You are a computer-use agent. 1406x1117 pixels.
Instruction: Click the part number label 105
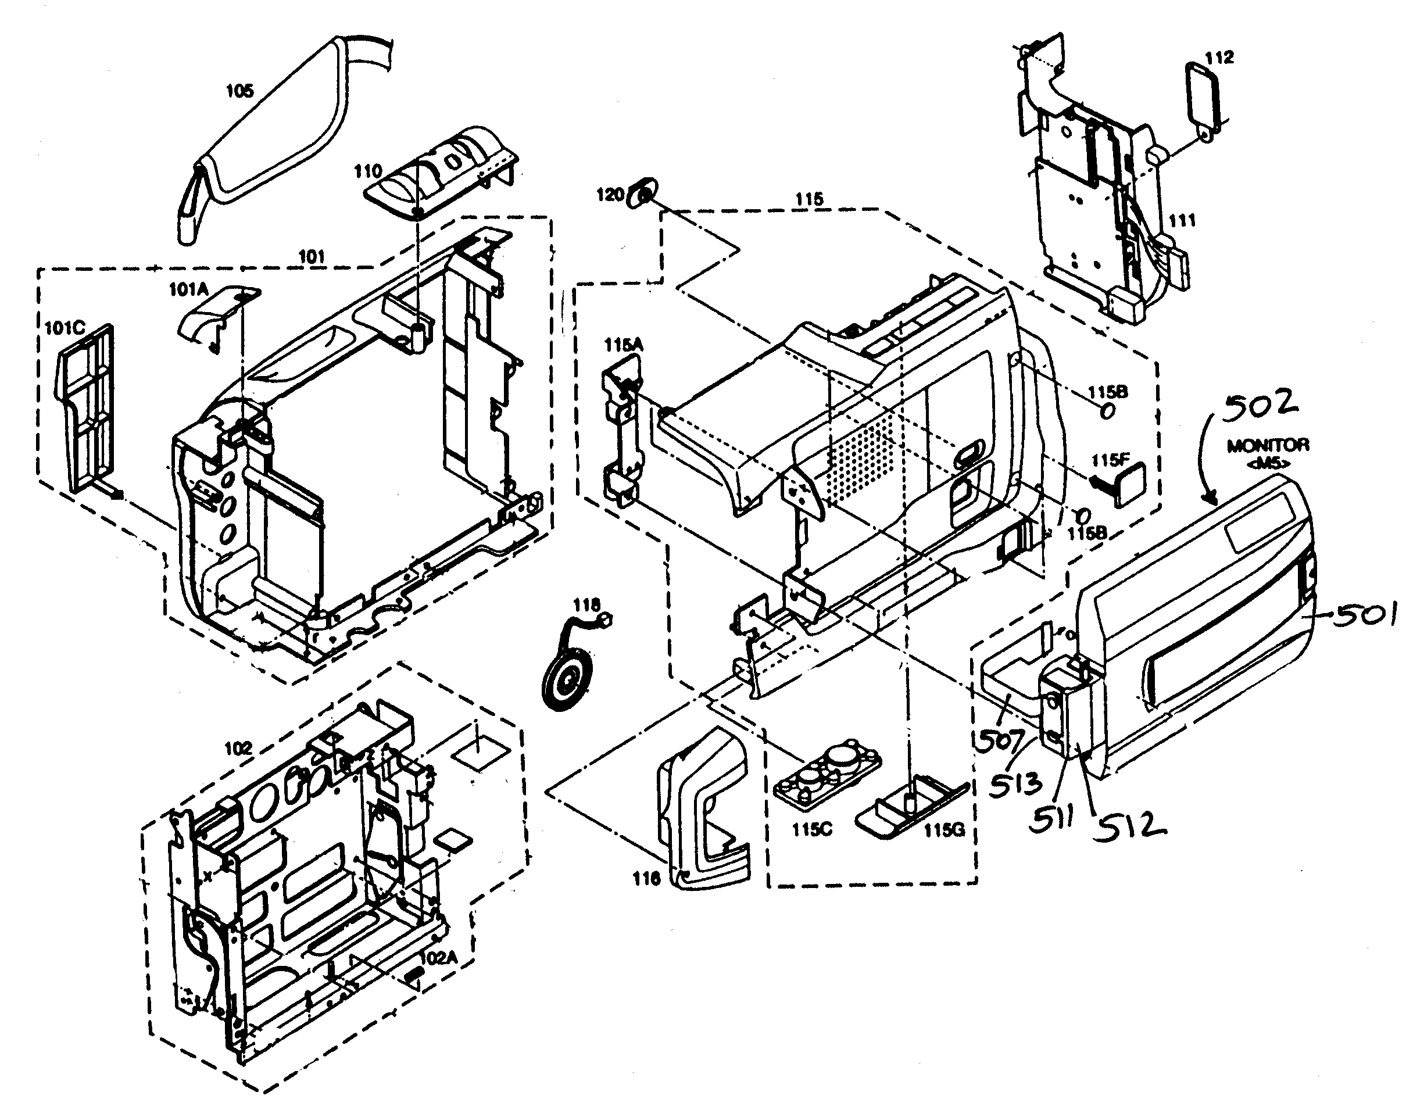click(239, 91)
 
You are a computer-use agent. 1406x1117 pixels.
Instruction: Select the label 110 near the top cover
click(367, 171)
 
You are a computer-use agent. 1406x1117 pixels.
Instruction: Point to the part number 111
click(1182, 220)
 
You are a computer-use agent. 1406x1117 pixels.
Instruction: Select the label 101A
click(188, 289)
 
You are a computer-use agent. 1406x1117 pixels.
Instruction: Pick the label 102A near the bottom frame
click(438, 957)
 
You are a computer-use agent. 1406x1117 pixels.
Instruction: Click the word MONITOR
click(1267, 446)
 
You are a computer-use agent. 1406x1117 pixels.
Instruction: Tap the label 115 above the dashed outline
click(808, 199)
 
